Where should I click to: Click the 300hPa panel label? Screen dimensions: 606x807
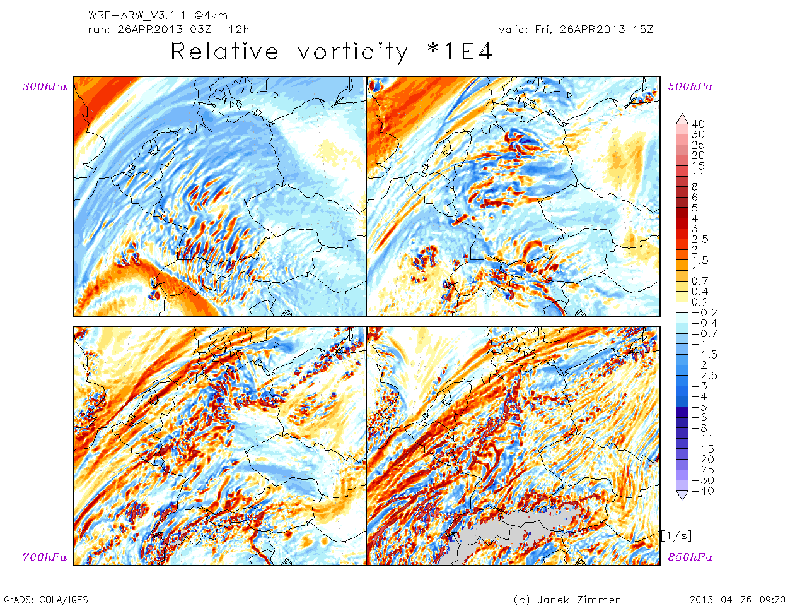click(x=45, y=87)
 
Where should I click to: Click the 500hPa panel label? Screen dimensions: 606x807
click(x=690, y=87)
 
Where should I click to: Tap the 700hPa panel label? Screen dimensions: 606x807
click(x=45, y=557)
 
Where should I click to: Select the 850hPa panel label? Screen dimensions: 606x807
click(x=690, y=557)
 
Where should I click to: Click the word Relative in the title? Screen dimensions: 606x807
click(x=224, y=52)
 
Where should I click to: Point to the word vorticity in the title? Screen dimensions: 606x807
click(x=353, y=52)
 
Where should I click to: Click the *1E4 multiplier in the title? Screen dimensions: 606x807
click(x=460, y=52)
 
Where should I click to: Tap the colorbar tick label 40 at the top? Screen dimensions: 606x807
click(x=698, y=124)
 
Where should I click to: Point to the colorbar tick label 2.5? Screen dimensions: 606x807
click(x=700, y=239)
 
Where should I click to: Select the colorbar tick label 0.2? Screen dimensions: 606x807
click(x=700, y=302)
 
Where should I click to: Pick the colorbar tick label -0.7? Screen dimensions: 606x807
click(x=704, y=333)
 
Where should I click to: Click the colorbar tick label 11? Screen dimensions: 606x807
click(x=697, y=176)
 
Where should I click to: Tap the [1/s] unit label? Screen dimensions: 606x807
click(x=676, y=536)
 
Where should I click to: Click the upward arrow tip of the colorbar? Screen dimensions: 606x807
click(x=682, y=117)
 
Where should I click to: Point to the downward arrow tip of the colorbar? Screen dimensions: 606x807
click(x=682, y=499)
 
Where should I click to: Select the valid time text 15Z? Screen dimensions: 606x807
click(x=642, y=29)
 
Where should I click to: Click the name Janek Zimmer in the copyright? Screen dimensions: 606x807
click(x=578, y=600)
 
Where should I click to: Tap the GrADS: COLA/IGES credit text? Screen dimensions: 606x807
click(x=46, y=600)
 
